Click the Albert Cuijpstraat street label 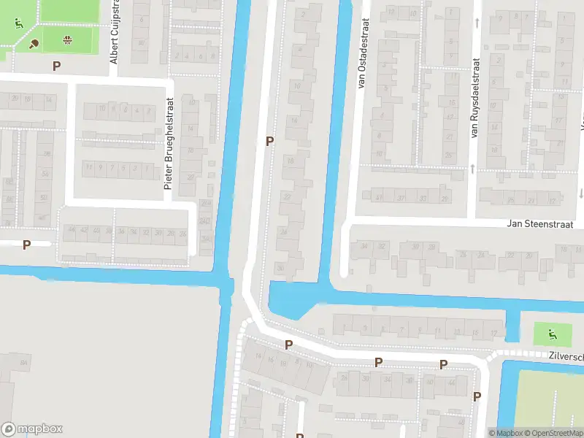115,32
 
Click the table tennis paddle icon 34,43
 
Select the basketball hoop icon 69,39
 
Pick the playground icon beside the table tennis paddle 18,23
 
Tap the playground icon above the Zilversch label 551,334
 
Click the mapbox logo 32,429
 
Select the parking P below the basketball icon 56,66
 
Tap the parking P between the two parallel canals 270,141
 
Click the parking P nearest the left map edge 27,245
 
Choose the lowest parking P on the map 477,396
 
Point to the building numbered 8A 25,363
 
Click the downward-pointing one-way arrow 582,193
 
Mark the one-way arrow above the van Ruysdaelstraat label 477,23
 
